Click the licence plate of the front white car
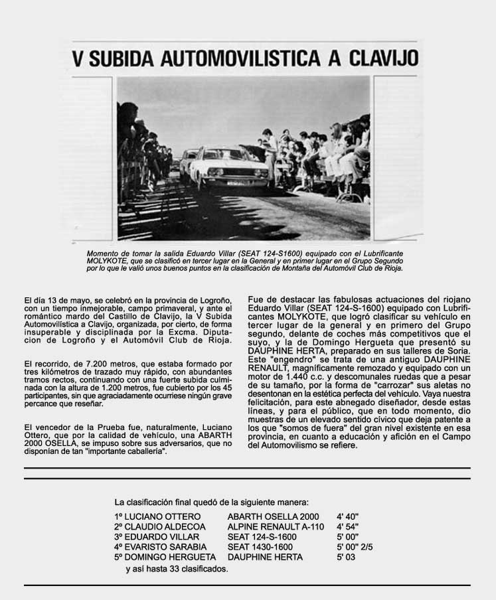coord(235,183)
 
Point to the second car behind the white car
coord(189,162)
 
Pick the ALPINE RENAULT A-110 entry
coord(276,526)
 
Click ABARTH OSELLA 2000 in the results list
coord(273,516)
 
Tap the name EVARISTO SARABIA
coord(161,547)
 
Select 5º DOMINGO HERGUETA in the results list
coord(165,557)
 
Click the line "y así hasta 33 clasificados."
coord(177,569)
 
